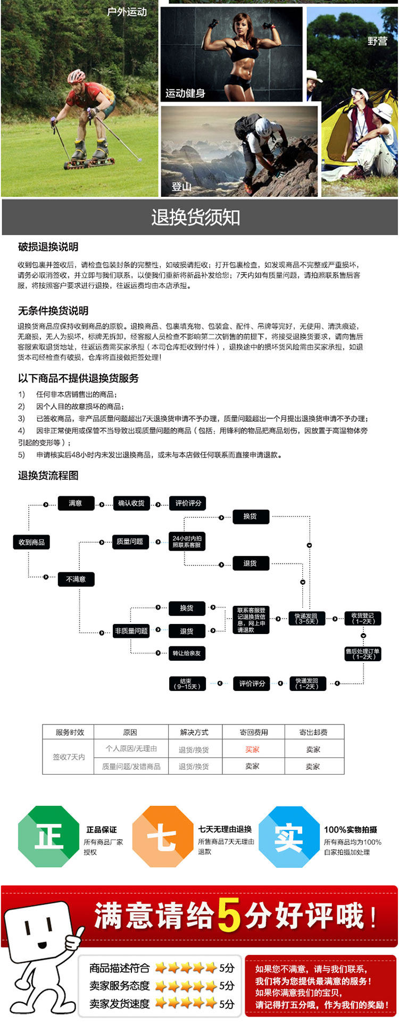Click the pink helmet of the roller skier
[x=76, y=76]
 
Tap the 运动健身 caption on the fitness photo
[x=185, y=94]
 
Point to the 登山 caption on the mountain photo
[x=181, y=186]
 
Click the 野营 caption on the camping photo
[x=377, y=41]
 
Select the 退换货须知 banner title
[x=195, y=217]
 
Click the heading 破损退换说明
[x=48, y=247]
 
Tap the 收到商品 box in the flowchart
[x=31, y=542]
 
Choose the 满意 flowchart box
[x=76, y=503]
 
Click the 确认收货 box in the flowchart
[x=131, y=503]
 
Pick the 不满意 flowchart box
[x=76, y=579]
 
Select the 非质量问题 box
[x=131, y=631]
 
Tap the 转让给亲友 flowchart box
[x=186, y=653]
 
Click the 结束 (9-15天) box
[x=186, y=684]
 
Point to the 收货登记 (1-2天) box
[x=363, y=618]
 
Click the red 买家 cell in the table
[x=253, y=750]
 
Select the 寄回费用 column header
[x=253, y=733]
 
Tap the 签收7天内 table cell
[x=69, y=757]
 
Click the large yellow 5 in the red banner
[x=229, y=916]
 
